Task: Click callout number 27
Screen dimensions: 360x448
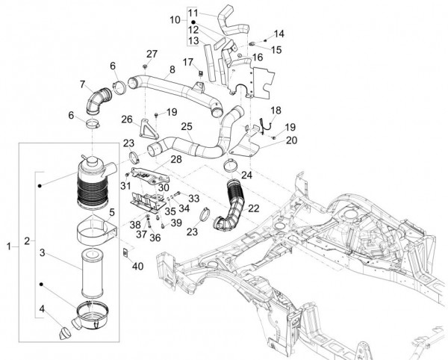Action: point(152,53)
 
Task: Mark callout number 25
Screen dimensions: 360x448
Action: point(186,127)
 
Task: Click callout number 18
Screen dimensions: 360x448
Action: point(275,110)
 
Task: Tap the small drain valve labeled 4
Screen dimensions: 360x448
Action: point(63,325)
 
